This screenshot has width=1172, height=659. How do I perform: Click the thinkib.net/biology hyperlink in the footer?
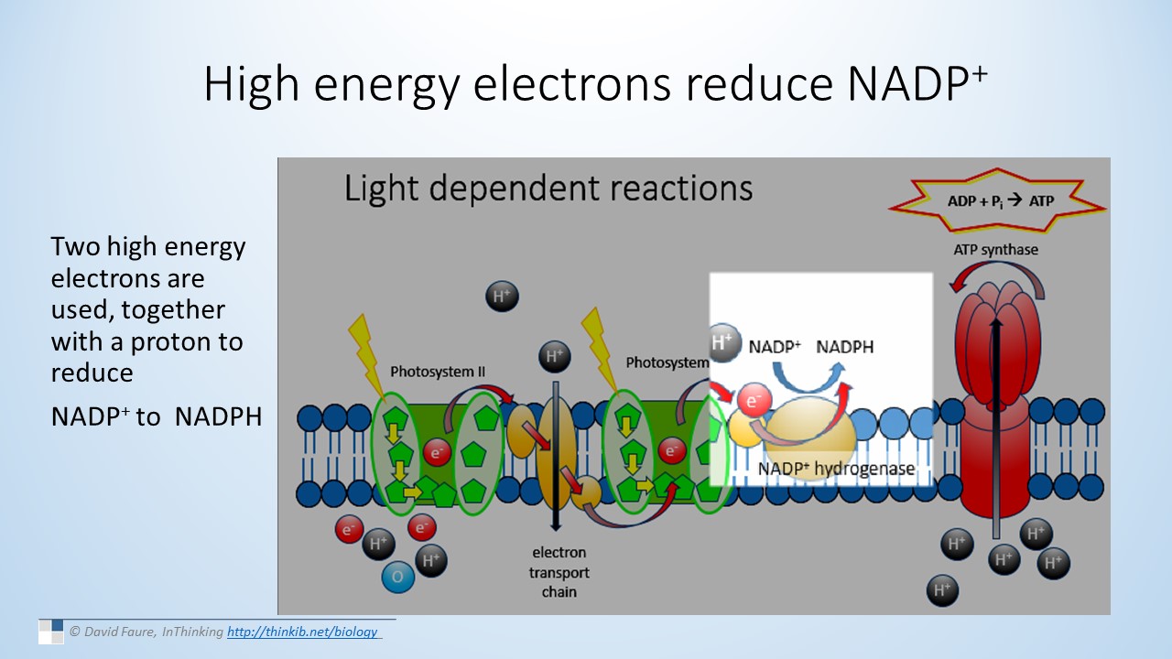(x=302, y=632)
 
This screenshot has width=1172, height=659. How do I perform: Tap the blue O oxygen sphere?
(x=397, y=577)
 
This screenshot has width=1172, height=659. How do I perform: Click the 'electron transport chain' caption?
(x=559, y=572)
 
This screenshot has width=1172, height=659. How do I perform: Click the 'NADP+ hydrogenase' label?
(x=836, y=469)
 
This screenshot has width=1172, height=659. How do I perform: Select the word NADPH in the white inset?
(x=844, y=347)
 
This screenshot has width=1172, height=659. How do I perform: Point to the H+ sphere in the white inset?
(x=723, y=343)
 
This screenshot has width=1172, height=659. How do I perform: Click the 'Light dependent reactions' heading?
(x=548, y=188)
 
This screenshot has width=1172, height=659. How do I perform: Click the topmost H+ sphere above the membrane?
(x=501, y=297)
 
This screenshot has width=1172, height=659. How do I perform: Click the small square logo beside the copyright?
(x=50, y=631)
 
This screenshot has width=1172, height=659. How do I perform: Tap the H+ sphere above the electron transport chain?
(x=554, y=356)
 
